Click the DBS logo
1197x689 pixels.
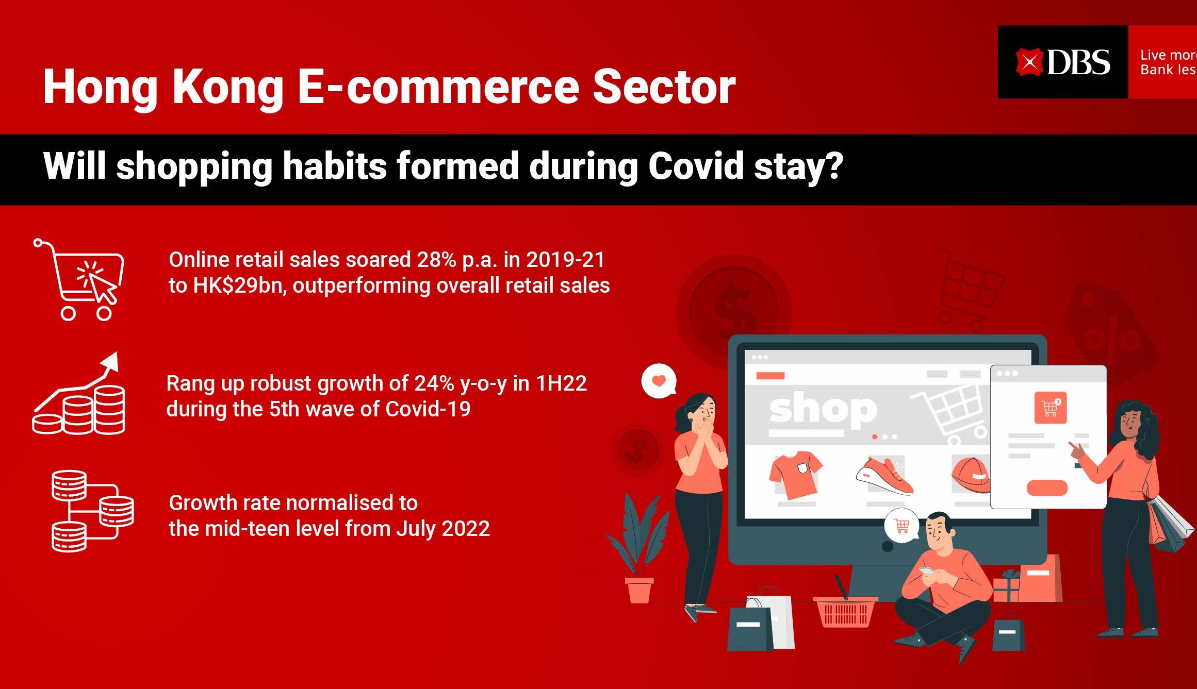1062,62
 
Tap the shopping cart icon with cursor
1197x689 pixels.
78,279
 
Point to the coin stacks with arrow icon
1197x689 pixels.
78,393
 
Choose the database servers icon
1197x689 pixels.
92,511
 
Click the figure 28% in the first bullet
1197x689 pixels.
436,260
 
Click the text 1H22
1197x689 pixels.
561,383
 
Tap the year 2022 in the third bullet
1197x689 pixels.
466,529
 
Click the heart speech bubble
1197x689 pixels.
659,381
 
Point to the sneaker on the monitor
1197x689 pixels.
884,476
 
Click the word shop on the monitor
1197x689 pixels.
823,410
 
